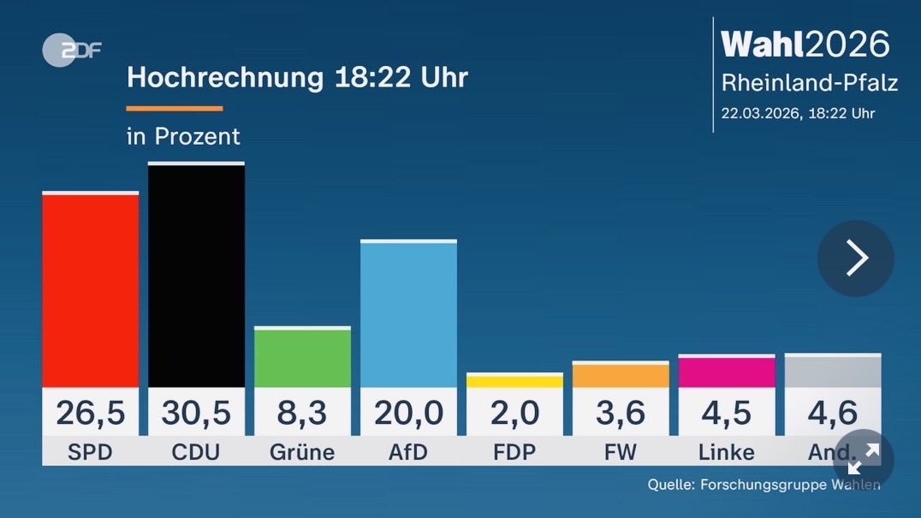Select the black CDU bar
(196, 275)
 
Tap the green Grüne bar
(302, 357)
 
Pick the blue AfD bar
(408, 314)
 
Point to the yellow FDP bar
(514, 381)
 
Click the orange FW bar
(621, 375)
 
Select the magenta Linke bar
(727, 372)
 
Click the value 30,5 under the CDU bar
(196, 414)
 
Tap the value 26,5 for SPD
(90, 414)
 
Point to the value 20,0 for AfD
(408, 414)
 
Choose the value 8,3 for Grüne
(302, 414)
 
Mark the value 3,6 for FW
(621, 414)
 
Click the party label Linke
(727, 452)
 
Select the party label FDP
(514, 452)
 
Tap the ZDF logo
(71, 51)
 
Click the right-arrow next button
(856, 259)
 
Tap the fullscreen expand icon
(863, 459)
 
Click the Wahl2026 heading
(805, 45)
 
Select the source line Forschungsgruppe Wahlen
(764, 485)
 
